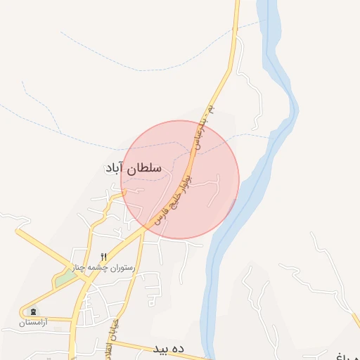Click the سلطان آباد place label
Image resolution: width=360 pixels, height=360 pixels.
[x=132, y=169]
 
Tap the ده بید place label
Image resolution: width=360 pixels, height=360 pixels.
[x=167, y=349]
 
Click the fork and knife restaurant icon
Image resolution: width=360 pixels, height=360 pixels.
[x=105, y=257]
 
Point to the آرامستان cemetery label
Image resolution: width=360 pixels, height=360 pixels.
[x=32, y=322]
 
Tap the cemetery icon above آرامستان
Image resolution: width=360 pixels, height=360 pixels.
[x=32, y=312]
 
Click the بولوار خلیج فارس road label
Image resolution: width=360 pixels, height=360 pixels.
[x=169, y=200]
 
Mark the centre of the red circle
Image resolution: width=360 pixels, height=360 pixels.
[x=180, y=180]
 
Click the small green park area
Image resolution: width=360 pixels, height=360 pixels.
[x=65, y=278]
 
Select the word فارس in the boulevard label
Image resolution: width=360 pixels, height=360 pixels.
[x=156, y=217]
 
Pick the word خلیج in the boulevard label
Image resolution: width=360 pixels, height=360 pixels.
[x=169, y=201]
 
